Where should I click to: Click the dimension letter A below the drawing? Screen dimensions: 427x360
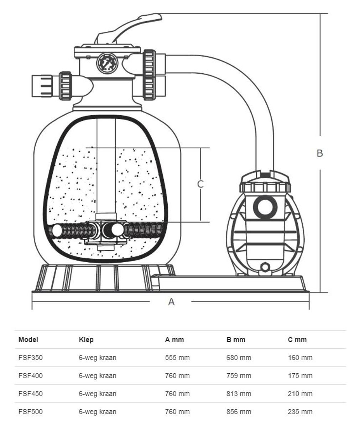tap(171, 302)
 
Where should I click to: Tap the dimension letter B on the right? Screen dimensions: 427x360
tap(320, 153)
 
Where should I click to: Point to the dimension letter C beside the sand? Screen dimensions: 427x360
tap(200, 184)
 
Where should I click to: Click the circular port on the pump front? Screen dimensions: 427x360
tap(265, 207)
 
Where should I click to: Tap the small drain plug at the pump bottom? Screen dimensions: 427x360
tap(265, 267)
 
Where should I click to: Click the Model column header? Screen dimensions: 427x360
tap(28, 339)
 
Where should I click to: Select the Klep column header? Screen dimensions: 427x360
tap(86, 339)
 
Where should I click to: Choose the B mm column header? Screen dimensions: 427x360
tap(236, 339)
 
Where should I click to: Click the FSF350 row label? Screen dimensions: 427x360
tap(30, 358)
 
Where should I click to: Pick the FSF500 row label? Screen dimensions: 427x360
tap(30, 412)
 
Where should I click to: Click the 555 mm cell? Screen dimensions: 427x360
tap(177, 358)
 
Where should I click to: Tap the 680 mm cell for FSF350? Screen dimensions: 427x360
tap(239, 358)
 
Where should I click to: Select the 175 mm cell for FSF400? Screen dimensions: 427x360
tap(300, 375)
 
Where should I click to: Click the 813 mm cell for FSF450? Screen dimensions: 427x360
tap(239, 394)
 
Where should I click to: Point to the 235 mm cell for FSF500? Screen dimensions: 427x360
tap(300, 412)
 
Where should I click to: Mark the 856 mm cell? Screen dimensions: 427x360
tap(239, 412)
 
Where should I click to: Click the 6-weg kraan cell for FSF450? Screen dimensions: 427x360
tap(98, 394)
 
